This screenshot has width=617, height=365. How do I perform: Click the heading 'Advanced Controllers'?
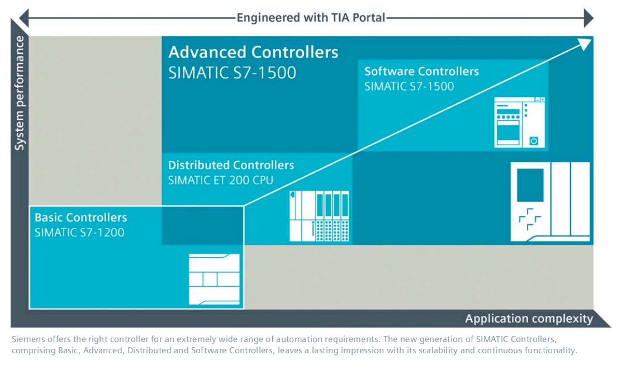(x=253, y=53)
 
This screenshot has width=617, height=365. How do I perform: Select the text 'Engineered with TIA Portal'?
(x=311, y=17)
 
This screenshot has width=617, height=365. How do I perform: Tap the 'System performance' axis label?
(x=20, y=93)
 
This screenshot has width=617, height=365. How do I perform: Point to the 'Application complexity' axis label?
(x=529, y=319)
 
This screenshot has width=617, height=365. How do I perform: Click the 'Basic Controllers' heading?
(x=81, y=217)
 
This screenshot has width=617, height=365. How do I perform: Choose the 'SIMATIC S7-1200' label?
(x=79, y=233)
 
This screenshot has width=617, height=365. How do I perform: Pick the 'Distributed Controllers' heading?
(x=231, y=165)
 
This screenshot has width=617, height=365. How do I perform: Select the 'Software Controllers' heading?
(x=421, y=72)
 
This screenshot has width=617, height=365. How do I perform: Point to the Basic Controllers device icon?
(x=214, y=278)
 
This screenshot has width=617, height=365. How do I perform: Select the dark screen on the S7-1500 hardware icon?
(x=530, y=185)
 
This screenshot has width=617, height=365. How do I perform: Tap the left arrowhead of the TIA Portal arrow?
(x=24, y=18)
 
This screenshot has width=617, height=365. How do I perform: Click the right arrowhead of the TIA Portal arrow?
(x=588, y=18)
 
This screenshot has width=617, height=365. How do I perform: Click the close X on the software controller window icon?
(x=542, y=99)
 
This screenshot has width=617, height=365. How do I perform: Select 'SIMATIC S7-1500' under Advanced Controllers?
(x=232, y=73)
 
